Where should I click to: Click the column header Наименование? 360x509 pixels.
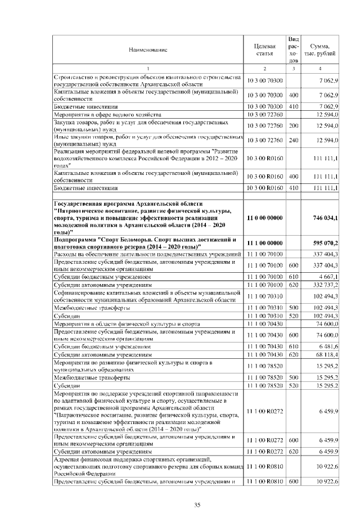point(148,50)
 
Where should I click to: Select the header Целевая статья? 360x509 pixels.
point(264,50)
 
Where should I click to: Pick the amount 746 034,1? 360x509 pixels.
point(323,217)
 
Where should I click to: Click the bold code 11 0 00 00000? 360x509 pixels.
point(265,217)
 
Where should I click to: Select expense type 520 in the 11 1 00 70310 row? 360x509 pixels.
point(293,316)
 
